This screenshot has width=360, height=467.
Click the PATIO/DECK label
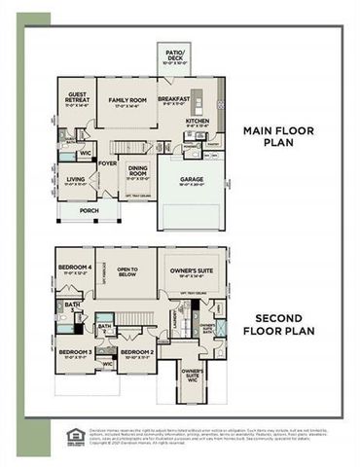pos(175,54)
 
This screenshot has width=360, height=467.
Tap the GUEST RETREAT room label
pos(77,98)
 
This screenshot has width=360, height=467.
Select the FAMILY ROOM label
pos(126,101)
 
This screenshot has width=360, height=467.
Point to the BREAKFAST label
pos(175,98)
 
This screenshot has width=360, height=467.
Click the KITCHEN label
pos(198,122)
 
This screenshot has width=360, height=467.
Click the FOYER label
pos(107,163)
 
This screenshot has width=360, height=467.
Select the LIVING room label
pos(76,180)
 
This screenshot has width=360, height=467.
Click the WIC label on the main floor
pos(86,152)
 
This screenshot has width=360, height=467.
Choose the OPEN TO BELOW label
pos(126,271)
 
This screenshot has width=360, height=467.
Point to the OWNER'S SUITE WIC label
pos(192,376)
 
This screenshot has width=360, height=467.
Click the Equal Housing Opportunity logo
pos(72,436)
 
